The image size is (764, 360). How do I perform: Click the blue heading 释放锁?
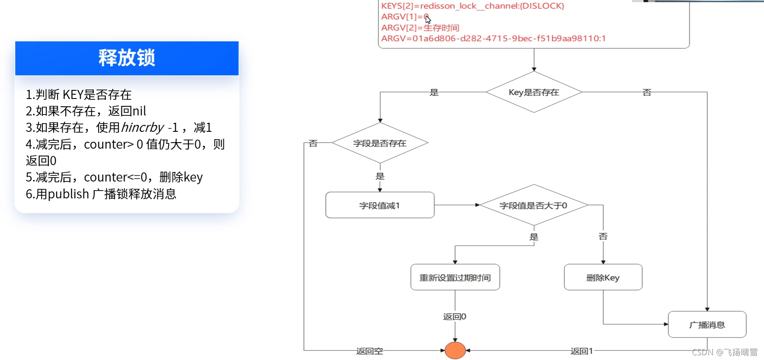pos(127,58)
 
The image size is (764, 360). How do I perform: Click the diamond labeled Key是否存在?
pos(534,92)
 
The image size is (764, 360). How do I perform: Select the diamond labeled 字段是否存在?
pos(380,143)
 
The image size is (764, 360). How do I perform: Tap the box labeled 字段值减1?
pos(380,205)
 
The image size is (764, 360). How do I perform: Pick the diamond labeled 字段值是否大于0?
pos(534,205)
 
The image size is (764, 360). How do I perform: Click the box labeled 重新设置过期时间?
pos(455,277)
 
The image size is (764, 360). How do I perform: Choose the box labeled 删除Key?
pos(603,277)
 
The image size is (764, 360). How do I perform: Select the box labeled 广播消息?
pos(707,325)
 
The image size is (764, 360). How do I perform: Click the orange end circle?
pos(455,350)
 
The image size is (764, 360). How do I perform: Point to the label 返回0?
pos(455,317)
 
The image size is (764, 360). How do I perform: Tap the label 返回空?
pos(369,351)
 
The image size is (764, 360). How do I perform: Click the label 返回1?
pos(582,351)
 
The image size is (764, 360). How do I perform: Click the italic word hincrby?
pos(142,127)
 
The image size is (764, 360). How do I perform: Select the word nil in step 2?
pos(139,111)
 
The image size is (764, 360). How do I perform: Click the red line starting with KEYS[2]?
pos(472,6)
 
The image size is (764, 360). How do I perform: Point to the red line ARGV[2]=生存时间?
pos(420,28)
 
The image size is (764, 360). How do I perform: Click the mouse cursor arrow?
pos(428,19)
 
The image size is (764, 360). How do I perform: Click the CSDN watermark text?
pos(725,352)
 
